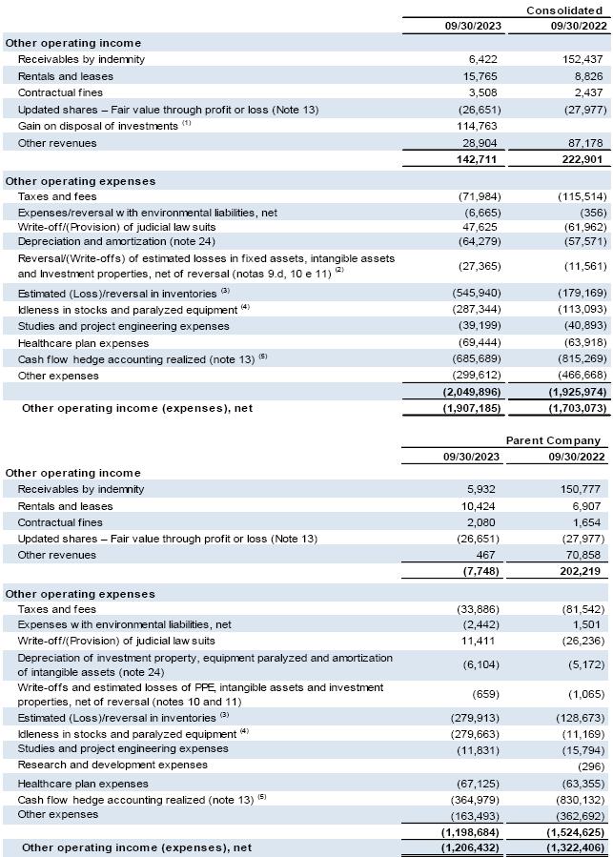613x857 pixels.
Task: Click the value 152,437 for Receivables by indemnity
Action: pos(583,59)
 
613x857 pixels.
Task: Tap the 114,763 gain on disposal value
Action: pos(474,126)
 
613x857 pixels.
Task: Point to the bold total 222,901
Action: pos(582,159)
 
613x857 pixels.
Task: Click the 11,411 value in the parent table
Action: pos(479,641)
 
